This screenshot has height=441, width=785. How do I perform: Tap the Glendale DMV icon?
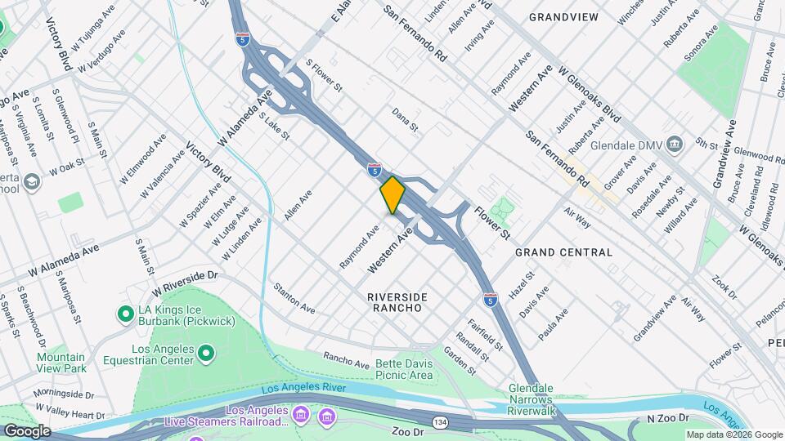point(675,145)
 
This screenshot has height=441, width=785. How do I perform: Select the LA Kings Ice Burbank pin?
point(125,314)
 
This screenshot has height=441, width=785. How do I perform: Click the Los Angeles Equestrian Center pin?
point(206,353)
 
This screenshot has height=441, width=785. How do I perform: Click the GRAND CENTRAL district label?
point(563,253)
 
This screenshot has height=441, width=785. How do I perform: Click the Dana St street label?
point(405,119)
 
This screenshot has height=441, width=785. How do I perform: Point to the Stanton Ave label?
point(294,299)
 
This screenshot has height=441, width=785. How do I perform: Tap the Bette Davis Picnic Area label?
point(404,369)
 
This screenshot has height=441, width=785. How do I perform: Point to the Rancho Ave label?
point(342,358)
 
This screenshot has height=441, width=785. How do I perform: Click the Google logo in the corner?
point(27,430)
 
